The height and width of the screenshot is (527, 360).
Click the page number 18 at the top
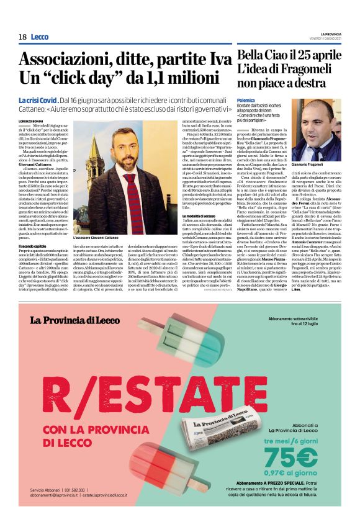[22, 37]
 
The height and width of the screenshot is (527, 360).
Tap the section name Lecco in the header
[39, 37]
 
